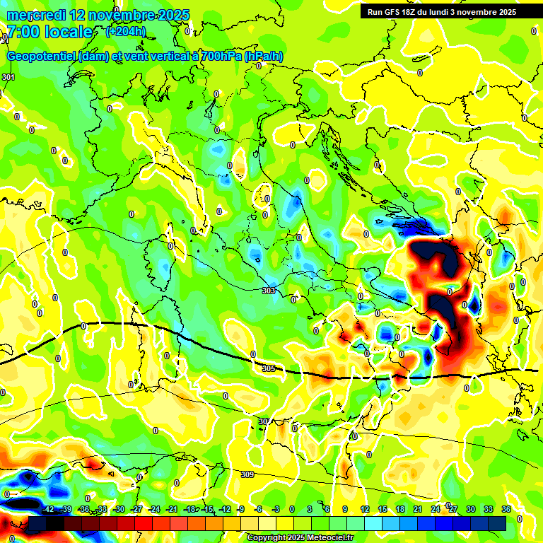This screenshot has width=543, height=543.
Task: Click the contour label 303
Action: pyautogui.click(x=268, y=291)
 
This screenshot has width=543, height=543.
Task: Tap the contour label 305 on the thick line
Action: pyautogui.click(x=268, y=368)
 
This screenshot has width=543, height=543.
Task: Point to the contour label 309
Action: pyautogui.click(x=247, y=474)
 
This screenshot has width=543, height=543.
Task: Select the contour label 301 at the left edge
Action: pyautogui.click(x=8, y=77)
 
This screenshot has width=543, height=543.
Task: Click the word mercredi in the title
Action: pyautogui.click(x=33, y=14)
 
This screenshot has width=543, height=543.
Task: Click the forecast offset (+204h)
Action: pyautogui.click(x=126, y=32)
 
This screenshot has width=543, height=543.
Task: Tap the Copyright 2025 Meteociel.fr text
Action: pyautogui.click(x=300, y=537)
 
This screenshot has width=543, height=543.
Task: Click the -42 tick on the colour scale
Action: pyautogui.click(x=48, y=509)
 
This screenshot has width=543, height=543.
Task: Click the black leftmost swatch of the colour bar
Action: pyautogui.click(x=37, y=523)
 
